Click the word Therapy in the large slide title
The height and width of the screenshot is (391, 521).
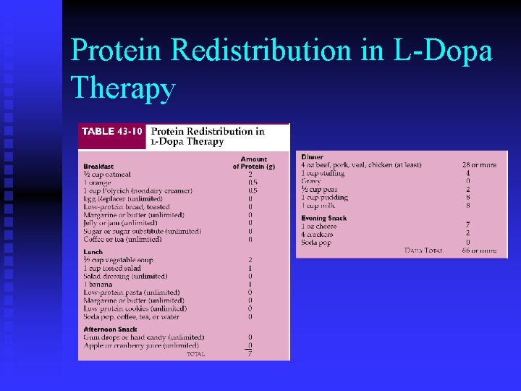coord(124,88)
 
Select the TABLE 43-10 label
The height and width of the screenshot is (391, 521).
coord(109,131)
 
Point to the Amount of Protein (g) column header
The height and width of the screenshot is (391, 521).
coord(253,162)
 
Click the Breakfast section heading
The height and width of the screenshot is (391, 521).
coord(98,166)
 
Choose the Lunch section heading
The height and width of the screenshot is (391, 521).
coord(93,252)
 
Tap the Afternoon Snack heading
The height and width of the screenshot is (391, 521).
coord(110,329)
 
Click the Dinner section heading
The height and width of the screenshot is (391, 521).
coord(313,157)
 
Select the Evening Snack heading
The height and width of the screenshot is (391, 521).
coord(323,218)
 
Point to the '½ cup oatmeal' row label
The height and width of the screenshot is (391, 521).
coord(107,175)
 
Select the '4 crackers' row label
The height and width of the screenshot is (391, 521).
coord(317,235)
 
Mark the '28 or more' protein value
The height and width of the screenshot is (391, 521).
coord(479,165)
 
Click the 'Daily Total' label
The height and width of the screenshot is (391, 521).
coord(423,251)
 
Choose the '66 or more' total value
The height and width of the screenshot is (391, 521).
coord(479,251)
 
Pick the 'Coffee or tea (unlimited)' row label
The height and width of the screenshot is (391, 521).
coord(122,240)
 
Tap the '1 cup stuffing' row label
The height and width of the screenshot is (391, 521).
coord(323,174)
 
